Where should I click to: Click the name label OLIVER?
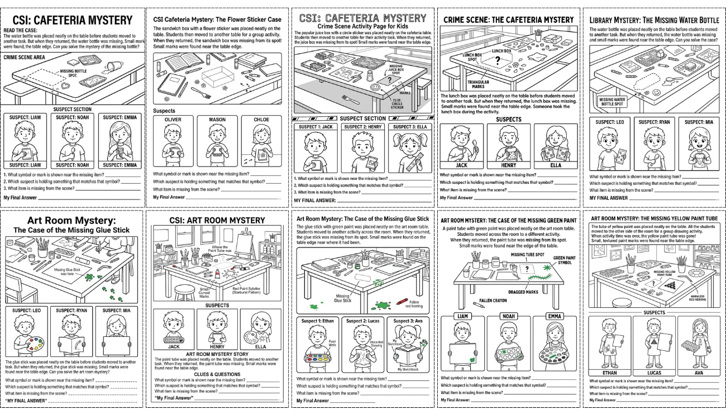pos(173,120)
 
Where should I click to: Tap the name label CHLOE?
pos(261,120)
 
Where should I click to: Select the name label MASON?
pos(217,120)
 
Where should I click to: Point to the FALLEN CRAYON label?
pos(493,301)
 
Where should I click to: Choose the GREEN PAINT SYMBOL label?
pos(565,261)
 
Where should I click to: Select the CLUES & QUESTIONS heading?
pos(217,374)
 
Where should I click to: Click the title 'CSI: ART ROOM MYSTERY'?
pos(217,220)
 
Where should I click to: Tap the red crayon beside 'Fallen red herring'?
pos(400,301)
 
